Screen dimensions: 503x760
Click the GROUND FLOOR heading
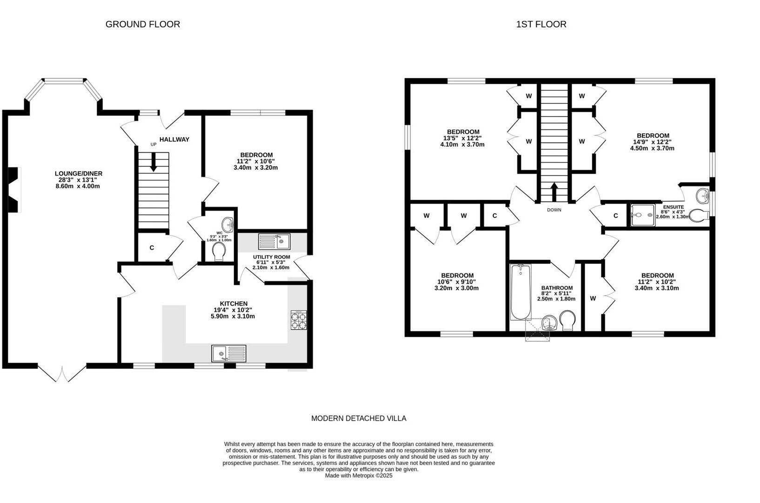[142, 24]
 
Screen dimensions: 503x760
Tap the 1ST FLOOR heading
[541, 24]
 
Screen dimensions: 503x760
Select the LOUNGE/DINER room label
[78, 174]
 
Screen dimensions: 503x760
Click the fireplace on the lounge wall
[15, 190]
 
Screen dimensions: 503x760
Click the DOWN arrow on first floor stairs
[554, 191]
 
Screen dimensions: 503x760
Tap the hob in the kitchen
[299, 320]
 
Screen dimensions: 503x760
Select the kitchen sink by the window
[228, 353]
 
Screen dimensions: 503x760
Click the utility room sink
[274, 242]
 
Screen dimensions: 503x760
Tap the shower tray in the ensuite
[643, 215]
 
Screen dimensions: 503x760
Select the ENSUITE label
[673, 207]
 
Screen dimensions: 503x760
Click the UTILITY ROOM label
[271, 257]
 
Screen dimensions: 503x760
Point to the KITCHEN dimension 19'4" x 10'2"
[233, 310]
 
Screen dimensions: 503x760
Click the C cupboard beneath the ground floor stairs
[152, 248]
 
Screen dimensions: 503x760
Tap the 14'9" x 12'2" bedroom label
[652, 142]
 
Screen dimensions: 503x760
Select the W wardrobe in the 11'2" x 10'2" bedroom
[593, 299]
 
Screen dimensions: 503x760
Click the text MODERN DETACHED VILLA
[359, 418]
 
